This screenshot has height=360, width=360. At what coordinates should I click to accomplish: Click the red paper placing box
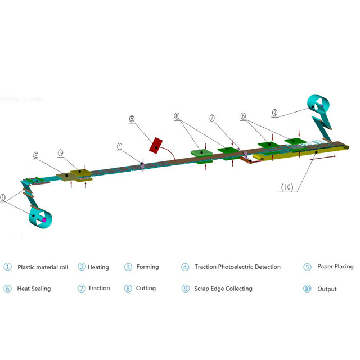(156, 145)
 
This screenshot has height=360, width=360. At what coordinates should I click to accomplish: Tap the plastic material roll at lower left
(40, 217)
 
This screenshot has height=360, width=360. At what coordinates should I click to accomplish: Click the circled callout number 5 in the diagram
(132, 119)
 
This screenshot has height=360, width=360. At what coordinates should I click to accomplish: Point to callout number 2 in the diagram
(35, 155)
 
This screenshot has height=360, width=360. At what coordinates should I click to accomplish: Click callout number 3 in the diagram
(60, 152)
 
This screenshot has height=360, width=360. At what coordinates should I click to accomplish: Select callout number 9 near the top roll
(274, 112)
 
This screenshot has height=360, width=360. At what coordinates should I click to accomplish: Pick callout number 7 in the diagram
(212, 118)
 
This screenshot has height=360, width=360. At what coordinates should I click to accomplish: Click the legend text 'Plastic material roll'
(43, 267)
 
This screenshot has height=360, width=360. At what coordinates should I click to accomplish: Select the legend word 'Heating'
(98, 267)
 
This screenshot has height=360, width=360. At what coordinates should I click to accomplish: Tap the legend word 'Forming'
(147, 267)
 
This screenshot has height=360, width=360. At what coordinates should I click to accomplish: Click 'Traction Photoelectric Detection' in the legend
(237, 267)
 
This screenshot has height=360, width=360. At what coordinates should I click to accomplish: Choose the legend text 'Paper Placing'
(335, 267)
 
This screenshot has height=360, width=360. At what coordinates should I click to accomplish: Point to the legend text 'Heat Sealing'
(34, 289)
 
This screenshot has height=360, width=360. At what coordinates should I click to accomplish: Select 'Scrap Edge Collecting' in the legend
(223, 289)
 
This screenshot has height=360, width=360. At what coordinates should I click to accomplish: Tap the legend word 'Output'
(327, 289)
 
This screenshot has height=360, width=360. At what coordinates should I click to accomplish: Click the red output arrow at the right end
(323, 158)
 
